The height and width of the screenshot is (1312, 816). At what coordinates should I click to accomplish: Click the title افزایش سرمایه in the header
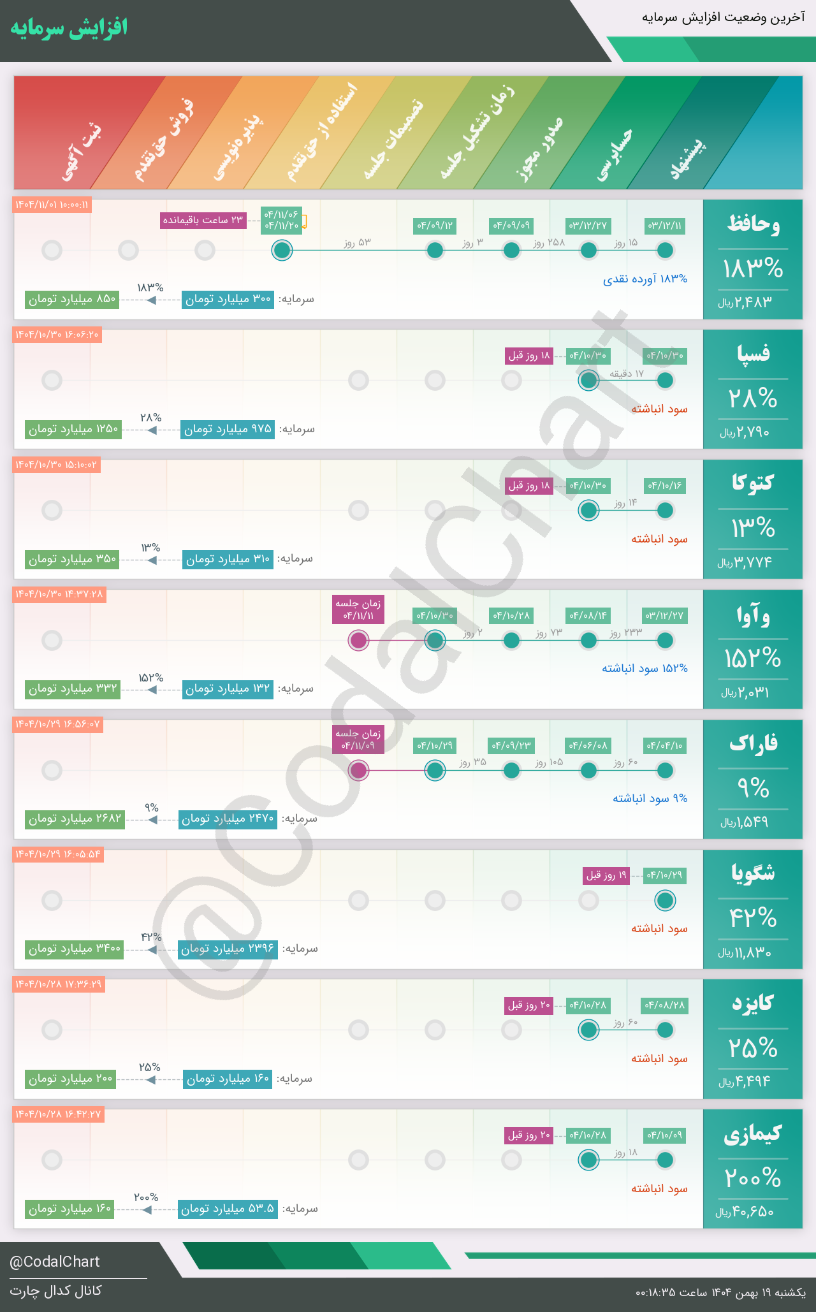click(x=69, y=28)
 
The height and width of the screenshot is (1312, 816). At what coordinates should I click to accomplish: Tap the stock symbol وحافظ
click(x=753, y=224)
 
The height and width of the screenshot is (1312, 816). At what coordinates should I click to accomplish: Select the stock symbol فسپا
click(x=753, y=353)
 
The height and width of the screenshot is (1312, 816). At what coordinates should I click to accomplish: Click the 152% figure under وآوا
click(x=752, y=658)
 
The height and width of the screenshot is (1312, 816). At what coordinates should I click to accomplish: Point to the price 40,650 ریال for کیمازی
click(x=745, y=1212)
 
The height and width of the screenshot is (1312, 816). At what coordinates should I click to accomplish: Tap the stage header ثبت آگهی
click(x=82, y=153)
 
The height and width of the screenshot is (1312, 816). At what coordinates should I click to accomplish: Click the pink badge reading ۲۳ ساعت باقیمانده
click(x=203, y=221)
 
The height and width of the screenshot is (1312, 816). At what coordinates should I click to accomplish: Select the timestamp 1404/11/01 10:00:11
click(x=52, y=205)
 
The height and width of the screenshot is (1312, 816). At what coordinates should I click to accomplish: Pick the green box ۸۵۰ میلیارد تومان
click(x=72, y=299)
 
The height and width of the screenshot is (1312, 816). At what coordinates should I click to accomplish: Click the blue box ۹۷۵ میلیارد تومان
click(x=228, y=429)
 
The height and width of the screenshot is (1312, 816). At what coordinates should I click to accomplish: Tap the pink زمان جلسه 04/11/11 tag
click(x=358, y=609)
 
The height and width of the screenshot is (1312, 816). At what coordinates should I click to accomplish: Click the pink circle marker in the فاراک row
click(x=358, y=770)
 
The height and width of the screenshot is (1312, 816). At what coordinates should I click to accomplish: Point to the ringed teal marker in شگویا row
click(x=665, y=900)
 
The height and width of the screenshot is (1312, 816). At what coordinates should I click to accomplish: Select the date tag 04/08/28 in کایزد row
click(x=665, y=1005)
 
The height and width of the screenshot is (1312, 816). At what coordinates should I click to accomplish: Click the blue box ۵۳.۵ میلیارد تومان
click(x=228, y=1209)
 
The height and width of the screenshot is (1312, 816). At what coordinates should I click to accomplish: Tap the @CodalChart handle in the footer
click(x=55, y=1262)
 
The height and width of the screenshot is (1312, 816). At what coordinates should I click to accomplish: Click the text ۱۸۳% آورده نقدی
click(x=645, y=279)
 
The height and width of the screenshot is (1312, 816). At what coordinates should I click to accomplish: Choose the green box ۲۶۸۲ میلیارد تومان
click(x=75, y=819)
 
